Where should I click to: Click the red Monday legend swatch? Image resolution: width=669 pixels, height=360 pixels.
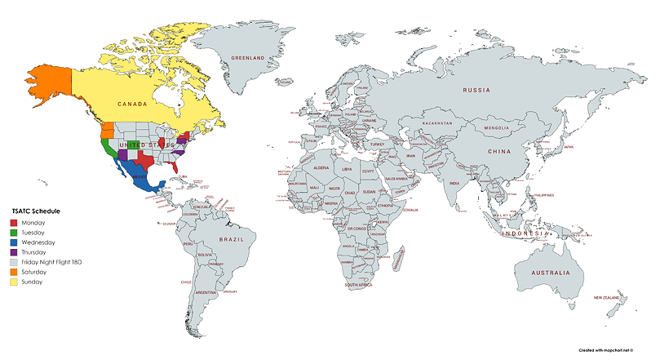point(13,222)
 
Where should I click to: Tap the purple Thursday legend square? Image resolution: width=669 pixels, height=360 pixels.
point(13,252)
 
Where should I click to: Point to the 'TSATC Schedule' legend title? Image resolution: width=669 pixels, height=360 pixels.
point(36,211)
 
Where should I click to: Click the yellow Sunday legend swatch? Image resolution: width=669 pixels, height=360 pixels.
point(13,282)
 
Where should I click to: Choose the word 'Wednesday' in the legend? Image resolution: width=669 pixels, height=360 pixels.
point(39,242)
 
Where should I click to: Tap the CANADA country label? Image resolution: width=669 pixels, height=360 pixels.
point(132,104)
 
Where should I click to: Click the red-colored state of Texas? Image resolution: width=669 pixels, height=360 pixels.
point(146,158)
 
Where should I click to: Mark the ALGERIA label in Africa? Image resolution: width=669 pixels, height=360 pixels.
point(321,167)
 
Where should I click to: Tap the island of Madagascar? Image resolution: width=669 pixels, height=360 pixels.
point(400,260)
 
